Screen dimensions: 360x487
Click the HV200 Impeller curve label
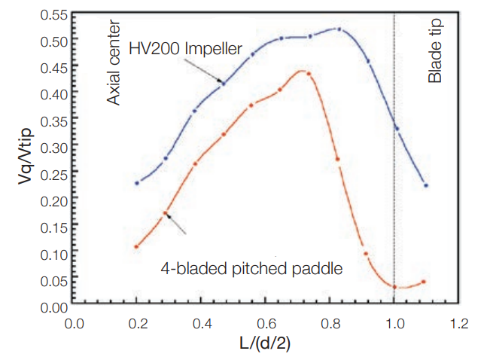pyautogui.click(x=185, y=50)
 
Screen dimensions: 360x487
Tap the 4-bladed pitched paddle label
pyautogui.click(x=252, y=267)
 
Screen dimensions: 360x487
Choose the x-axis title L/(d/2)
pyautogui.click(x=266, y=345)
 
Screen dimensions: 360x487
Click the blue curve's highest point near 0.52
pyautogui.click(x=339, y=29)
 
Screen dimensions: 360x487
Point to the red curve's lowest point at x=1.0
pyautogui.click(x=394, y=286)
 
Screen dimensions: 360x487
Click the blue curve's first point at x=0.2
pyautogui.click(x=137, y=183)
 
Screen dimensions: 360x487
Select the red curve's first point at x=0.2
pyautogui.click(x=137, y=246)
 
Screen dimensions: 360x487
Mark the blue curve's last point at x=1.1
pyautogui.click(x=426, y=185)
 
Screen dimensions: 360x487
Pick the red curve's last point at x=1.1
pyautogui.click(x=425, y=282)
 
